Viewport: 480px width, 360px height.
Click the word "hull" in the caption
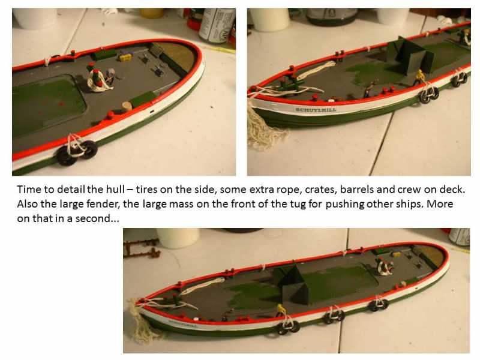coord(115,189)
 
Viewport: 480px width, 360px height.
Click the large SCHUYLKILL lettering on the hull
coord(316,110)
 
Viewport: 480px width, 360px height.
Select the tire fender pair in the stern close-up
coord(77,152)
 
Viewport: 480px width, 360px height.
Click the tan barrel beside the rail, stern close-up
coord(127,106)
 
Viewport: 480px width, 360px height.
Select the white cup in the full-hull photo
coord(178,238)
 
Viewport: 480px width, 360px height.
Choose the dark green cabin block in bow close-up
coord(410,56)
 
